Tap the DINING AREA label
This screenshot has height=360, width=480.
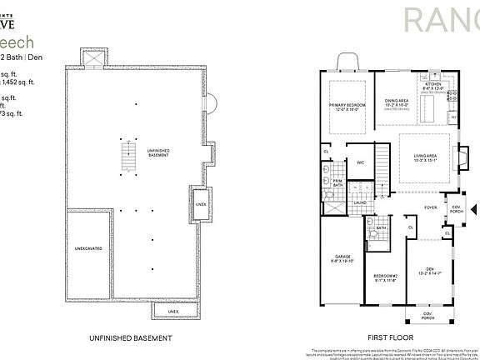pos(396,102)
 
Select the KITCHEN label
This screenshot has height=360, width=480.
pos(432,84)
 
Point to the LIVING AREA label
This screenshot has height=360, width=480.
pos(426,156)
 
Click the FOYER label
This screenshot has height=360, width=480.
pos(431,207)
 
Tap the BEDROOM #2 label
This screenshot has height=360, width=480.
pos(384,275)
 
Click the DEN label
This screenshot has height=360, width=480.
pos(430,268)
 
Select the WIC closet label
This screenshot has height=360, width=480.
pos(361,162)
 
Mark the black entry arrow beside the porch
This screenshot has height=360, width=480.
pos(474,209)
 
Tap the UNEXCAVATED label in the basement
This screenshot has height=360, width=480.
pos(87,247)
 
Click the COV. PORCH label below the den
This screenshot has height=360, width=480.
pos(427,316)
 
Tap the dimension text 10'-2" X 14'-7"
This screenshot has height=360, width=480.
pos(430,272)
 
